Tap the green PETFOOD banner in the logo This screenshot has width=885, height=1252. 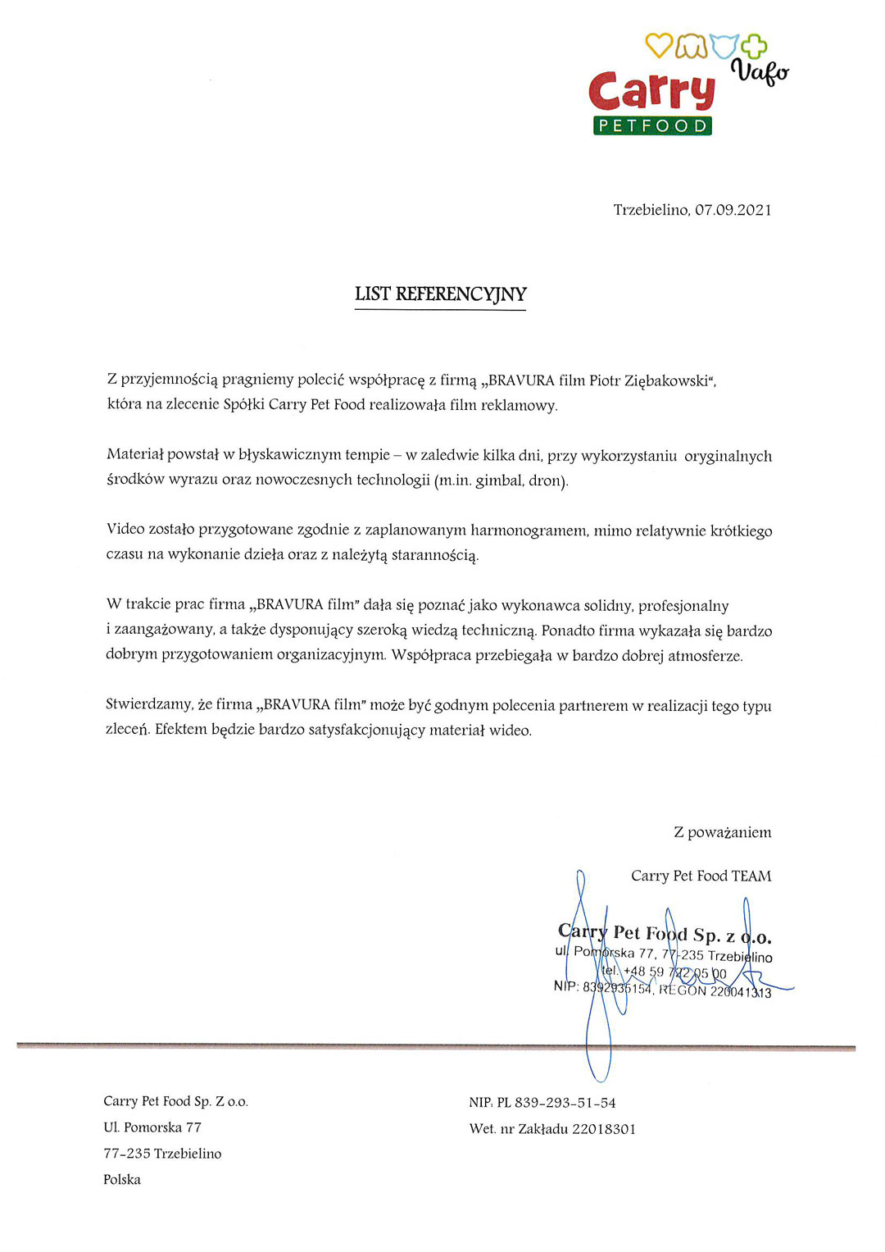[652, 125]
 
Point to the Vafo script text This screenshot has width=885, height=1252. [760, 71]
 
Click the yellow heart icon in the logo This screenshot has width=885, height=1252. [658, 46]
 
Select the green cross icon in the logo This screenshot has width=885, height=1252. [754, 46]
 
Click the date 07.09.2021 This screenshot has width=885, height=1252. [733, 210]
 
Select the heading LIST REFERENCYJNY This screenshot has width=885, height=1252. [441, 294]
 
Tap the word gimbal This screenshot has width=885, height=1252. [499, 480]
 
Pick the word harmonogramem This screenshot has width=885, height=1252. [529, 530]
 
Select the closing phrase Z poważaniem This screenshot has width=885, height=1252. [722, 832]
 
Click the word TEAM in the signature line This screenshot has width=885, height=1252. [751, 876]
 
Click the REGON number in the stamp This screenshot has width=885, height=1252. [741, 992]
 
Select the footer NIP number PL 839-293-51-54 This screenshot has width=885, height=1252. [556, 1103]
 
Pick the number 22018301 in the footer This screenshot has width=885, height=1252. [604, 1129]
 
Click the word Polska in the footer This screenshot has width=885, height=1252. [122, 1180]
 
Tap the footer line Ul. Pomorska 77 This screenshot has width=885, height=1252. [152, 1127]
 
